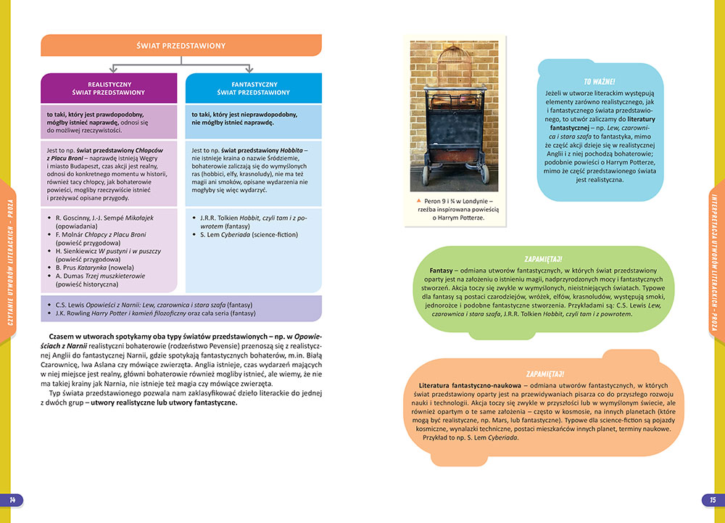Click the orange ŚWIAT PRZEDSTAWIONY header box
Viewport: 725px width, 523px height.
181,46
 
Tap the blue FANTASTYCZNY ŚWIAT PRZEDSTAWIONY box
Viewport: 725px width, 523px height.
254,88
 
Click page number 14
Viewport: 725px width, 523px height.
12,500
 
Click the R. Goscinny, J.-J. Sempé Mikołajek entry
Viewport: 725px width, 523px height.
104,217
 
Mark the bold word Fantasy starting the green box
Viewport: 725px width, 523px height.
442,271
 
